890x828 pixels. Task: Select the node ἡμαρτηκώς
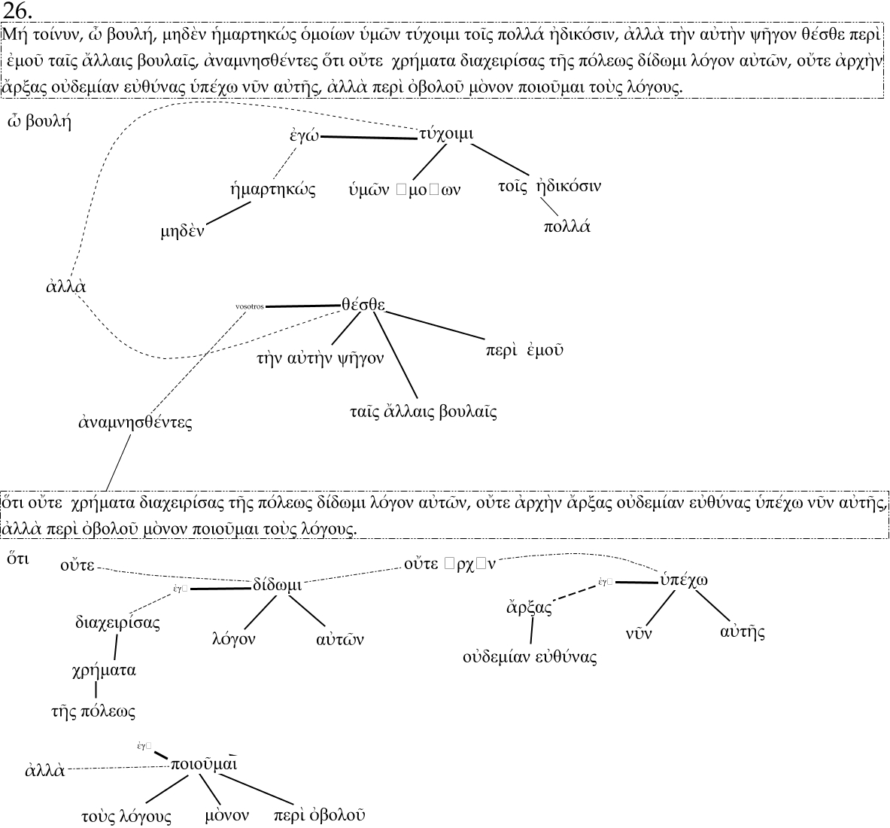tap(272, 189)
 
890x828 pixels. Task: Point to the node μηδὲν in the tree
tap(182, 230)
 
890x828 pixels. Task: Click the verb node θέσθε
tap(363, 305)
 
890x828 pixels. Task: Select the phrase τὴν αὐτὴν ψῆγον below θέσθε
tap(320, 358)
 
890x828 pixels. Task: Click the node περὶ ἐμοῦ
tap(524, 350)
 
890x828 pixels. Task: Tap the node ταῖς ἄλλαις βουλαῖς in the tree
tap(423, 412)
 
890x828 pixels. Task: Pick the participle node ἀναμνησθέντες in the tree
tap(135, 422)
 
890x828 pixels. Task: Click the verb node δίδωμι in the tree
tap(277, 585)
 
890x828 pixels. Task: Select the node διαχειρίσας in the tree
tap(117, 623)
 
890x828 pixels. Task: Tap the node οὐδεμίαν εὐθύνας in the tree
tap(530, 656)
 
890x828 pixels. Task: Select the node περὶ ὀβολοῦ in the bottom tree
tap(320, 815)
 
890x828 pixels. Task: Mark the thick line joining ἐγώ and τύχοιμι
tap(369, 137)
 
